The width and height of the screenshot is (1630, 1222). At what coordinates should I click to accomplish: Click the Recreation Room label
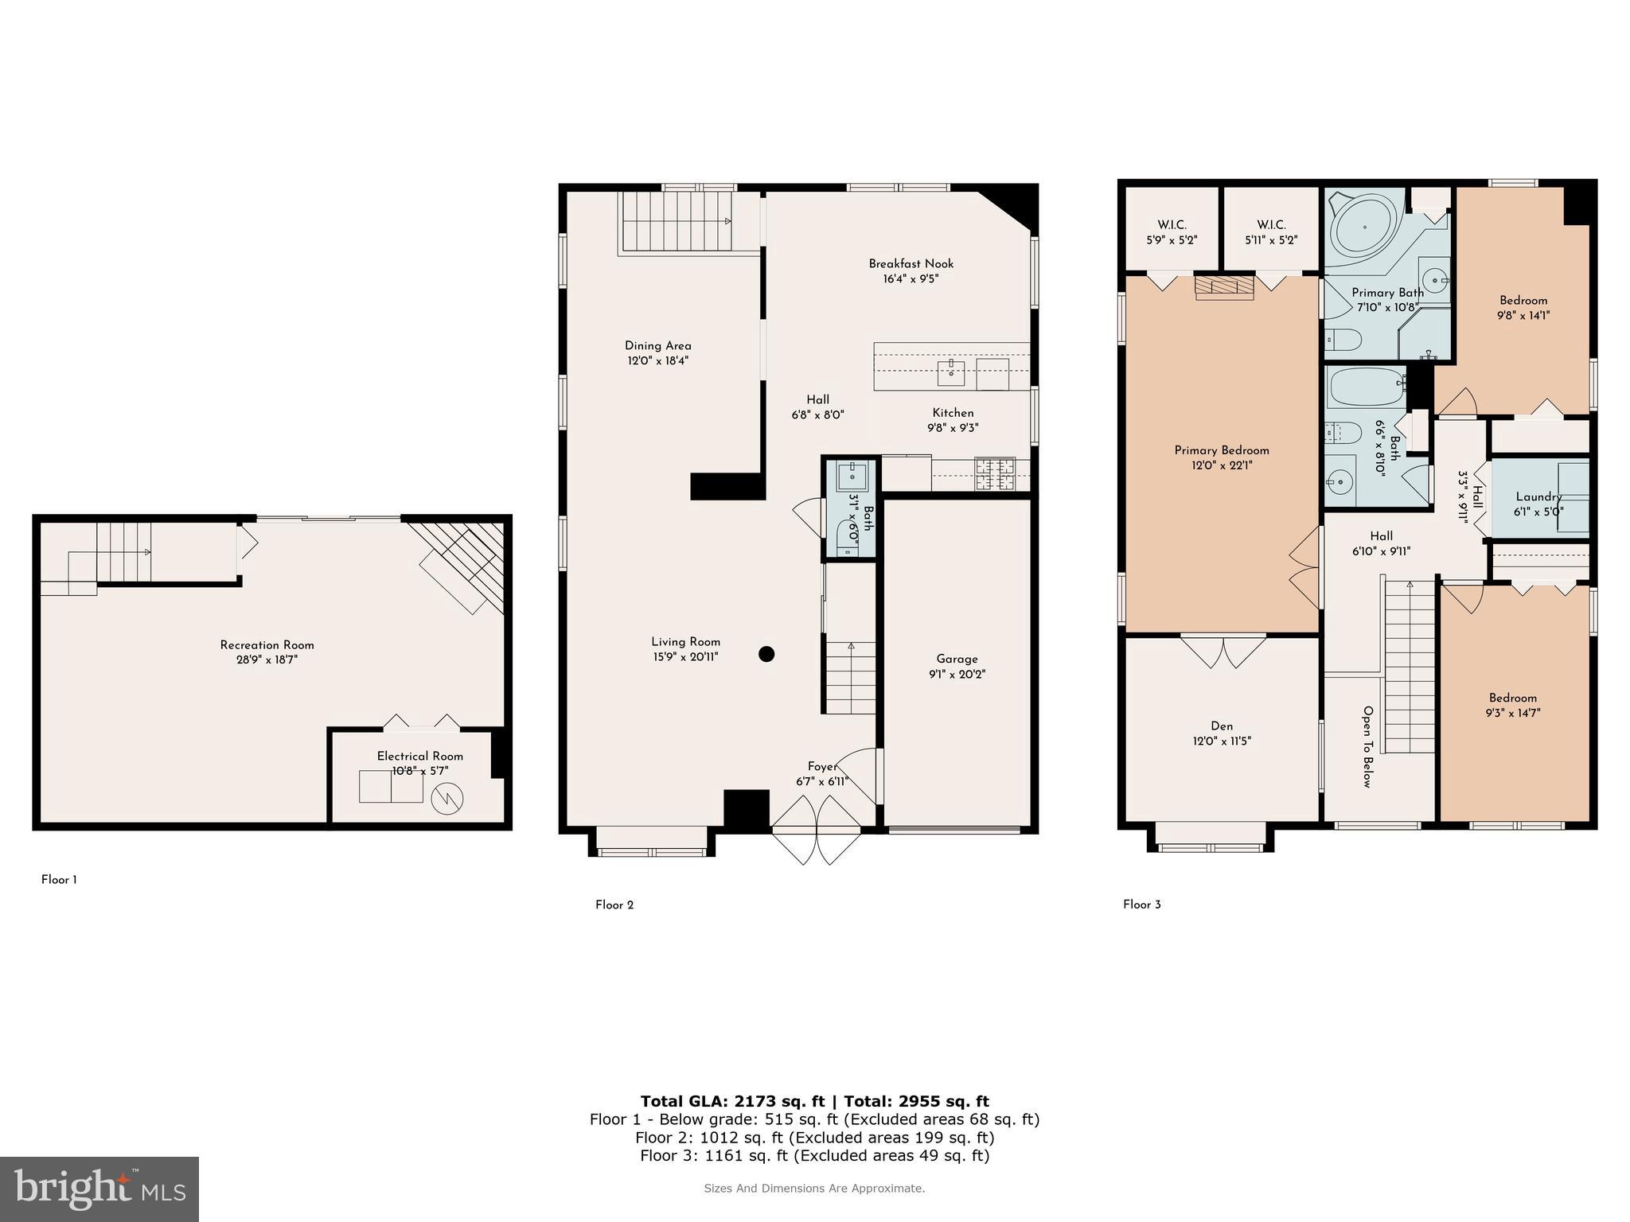[x=267, y=645]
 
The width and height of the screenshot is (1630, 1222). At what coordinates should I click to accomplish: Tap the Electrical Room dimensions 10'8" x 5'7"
[x=419, y=771]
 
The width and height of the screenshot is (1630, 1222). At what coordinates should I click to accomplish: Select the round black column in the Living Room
[x=766, y=654]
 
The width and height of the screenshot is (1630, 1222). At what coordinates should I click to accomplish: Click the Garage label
[x=957, y=659]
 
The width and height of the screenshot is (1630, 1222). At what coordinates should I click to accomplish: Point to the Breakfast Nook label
[x=911, y=264]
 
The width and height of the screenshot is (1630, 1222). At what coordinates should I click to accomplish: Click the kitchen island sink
[x=951, y=371]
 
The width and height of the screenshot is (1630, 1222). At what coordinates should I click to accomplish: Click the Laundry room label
[x=1538, y=496]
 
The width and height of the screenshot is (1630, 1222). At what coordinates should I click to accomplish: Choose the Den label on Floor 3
[x=1222, y=726]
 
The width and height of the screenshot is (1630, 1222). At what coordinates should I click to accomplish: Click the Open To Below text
[x=1367, y=746]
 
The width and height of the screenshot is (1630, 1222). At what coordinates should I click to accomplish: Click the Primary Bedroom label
[x=1222, y=450]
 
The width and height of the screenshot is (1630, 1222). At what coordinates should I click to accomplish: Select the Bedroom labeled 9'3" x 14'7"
[x=1512, y=706]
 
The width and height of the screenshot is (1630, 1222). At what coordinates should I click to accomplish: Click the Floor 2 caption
[x=614, y=905]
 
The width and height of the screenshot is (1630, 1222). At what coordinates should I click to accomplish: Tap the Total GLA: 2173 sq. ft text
[x=732, y=1101]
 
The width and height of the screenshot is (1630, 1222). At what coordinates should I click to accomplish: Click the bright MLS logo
[x=99, y=1189]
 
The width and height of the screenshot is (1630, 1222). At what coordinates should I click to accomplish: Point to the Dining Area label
[x=657, y=346]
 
